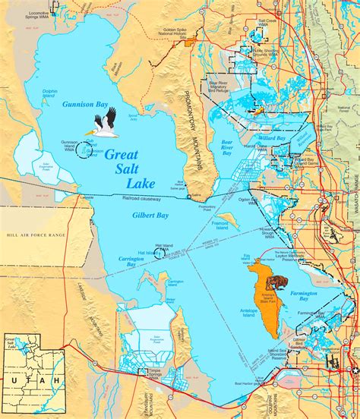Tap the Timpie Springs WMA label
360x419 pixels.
156,380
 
